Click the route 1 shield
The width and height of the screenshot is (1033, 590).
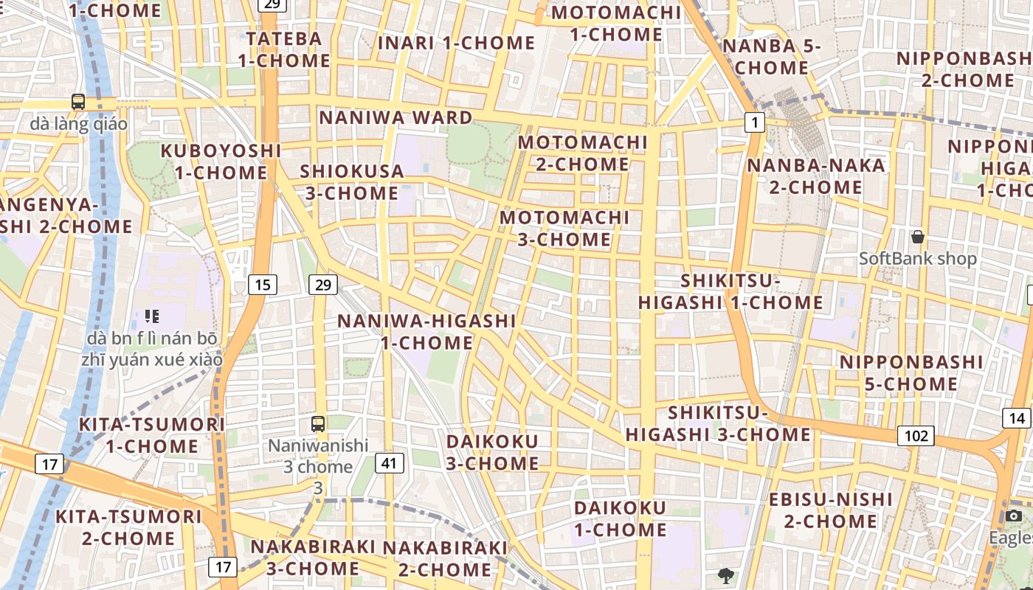(x=754, y=122)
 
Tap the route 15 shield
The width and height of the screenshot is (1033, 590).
(x=262, y=285)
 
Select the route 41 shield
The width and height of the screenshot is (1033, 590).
(x=390, y=463)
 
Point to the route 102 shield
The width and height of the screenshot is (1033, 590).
(x=916, y=436)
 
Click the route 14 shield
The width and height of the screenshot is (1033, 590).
(x=1017, y=418)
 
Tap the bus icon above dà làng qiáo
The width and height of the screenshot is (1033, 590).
(x=78, y=102)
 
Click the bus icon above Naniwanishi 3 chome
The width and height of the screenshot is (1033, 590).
(x=318, y=424)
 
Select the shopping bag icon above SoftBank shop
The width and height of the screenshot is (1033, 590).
(x=918, y=237)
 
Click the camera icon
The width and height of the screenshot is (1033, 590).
(x=1014, y=516)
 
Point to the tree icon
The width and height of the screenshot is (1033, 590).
(x=726, y=575)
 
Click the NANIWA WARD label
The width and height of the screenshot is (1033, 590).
(x=395, y=118)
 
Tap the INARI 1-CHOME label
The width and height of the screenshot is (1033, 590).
(x=456, y=43)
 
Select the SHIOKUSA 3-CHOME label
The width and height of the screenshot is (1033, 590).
(x=352, y=182)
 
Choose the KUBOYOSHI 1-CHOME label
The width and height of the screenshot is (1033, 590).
(x=221, y=162)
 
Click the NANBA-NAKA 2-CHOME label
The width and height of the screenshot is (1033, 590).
(x=816, y=176)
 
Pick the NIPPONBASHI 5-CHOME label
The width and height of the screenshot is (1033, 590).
(x=911, y=373)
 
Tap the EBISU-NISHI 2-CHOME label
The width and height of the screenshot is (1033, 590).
(x=831, y=510)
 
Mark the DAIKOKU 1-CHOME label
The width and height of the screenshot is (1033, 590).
(x=620, y=518)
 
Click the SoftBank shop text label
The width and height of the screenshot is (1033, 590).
(x=918, y=259)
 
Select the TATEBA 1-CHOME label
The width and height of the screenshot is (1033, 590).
(x=284, y=49)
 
